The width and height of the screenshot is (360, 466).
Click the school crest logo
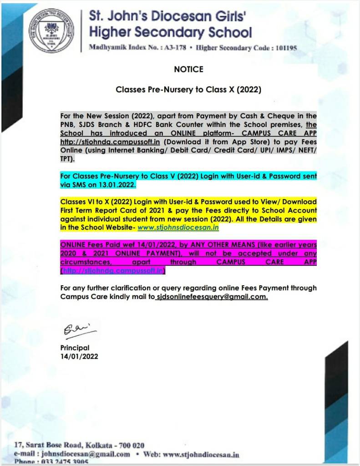(51, 30)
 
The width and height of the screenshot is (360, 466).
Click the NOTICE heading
(188, 70)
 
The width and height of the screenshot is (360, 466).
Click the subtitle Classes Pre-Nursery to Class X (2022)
(188, 90)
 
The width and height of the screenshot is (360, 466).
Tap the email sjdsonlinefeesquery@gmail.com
(212, 296)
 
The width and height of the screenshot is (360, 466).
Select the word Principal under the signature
(75, 348)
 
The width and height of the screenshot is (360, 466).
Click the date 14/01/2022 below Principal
(79, 356)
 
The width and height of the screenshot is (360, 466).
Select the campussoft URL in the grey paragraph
(110, 142)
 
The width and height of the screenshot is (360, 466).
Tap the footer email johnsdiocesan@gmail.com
(86, 454)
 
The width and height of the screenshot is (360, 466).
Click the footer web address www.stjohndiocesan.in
(201, 454)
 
